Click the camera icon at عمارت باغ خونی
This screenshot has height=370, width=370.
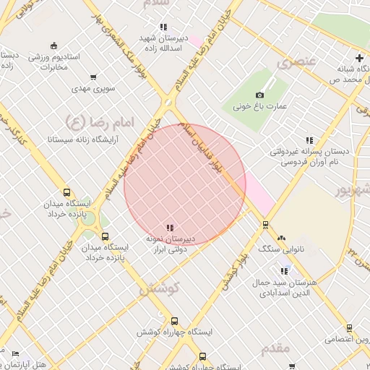tap(260, 95)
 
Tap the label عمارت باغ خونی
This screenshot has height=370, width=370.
tap(260, 106)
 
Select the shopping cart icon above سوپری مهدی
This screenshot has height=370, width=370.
tap(93, 77)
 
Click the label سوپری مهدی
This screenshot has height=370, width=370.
tap(90, 88)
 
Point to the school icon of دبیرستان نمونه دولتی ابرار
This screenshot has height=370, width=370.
tap(170, 228)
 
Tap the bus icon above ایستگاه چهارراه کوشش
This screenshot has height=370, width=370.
tap(174, 321)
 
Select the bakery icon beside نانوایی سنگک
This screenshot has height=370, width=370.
tap(281, 238)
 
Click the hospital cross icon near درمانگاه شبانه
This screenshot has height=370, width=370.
tap(359, 58)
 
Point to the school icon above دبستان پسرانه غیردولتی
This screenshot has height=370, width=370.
tap(309, 140)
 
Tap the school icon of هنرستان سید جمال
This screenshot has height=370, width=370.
tap(281, 271)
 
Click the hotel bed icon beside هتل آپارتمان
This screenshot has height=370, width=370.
tap(16, 353)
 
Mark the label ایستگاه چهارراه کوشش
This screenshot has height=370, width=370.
tap(176, 332)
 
